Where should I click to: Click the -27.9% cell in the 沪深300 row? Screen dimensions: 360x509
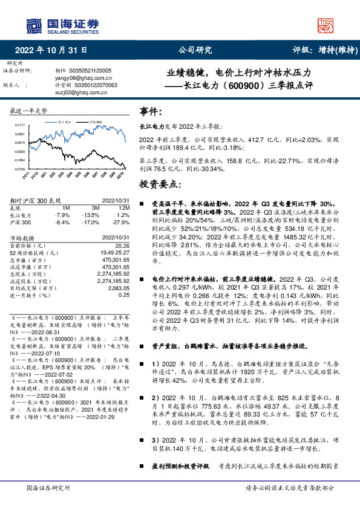tap(121, 221)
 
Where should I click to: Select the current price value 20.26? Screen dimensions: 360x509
tap(123, 245)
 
